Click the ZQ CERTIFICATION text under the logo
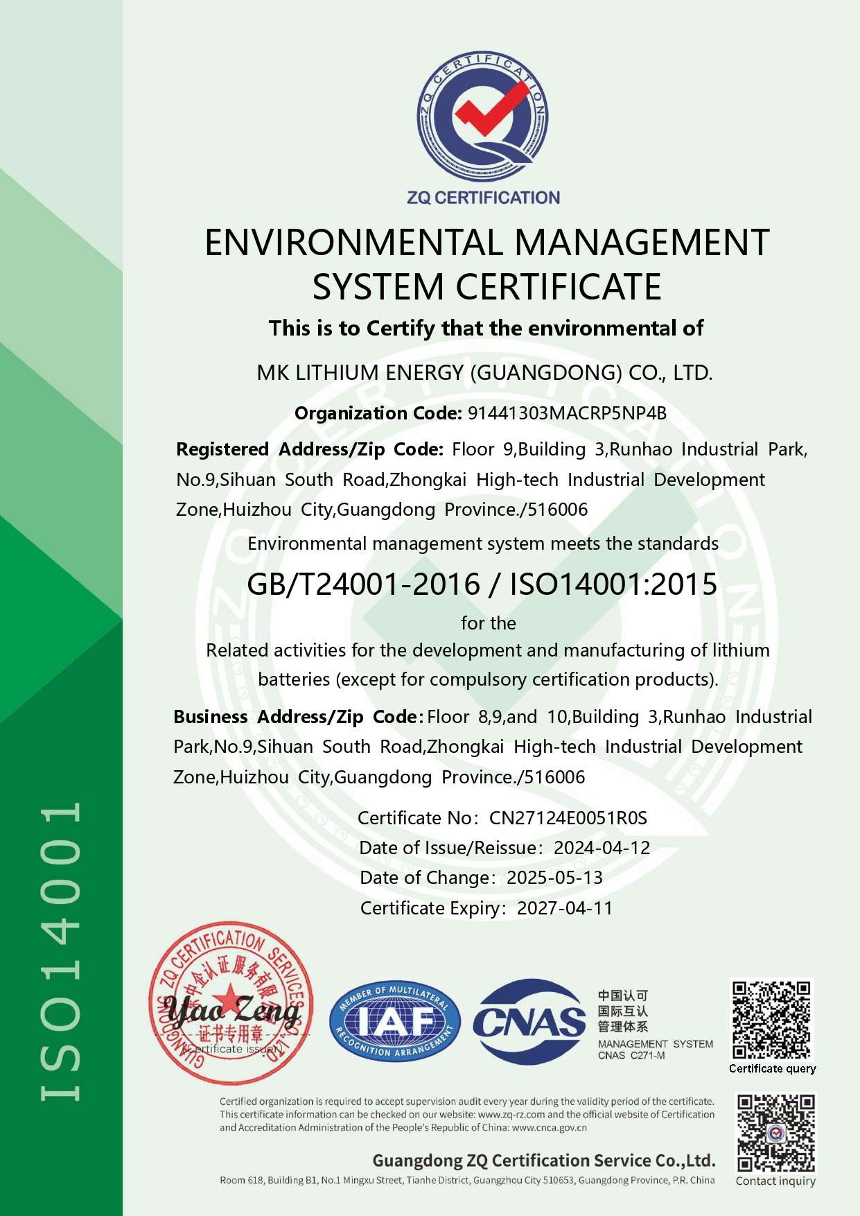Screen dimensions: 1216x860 point(483,198)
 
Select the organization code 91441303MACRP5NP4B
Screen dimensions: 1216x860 point(567,413)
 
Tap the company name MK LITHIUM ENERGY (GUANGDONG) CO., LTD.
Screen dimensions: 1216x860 point(484,373)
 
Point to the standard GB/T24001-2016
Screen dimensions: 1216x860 point(363,584)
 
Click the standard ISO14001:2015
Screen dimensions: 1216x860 point(613,584)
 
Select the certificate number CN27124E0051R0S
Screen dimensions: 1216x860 point(568,818)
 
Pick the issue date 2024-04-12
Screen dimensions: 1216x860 point(602,848)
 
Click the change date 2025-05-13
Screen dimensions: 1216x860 point(554,878)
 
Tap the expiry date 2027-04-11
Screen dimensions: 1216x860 point(565,908)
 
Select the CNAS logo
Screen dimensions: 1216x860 point(529,1021)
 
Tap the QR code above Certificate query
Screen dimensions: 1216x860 point(772,1018)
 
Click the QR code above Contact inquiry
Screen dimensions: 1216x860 point(775,1133)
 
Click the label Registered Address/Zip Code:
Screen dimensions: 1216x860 point(309,449)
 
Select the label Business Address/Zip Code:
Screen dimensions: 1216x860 point(298,717)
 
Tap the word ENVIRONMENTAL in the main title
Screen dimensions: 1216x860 point(353,243)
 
